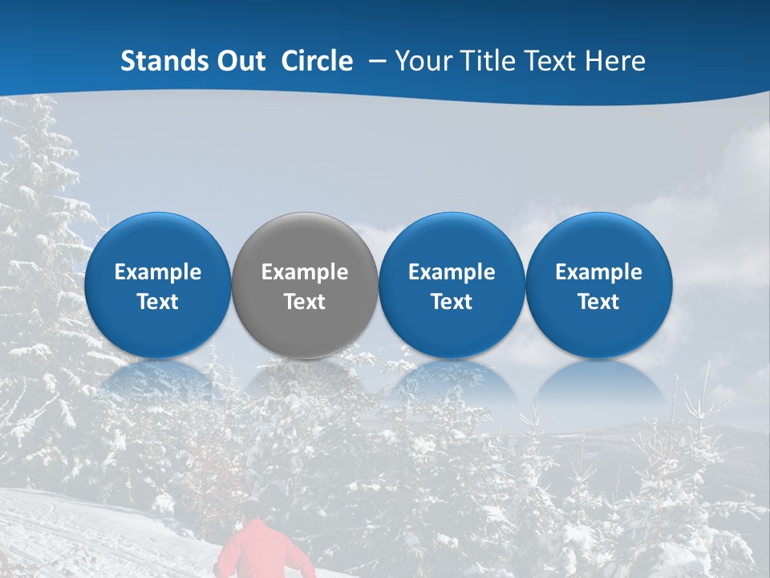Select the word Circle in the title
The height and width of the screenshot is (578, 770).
[317, 61]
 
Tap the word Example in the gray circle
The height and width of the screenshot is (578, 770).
[305, 272]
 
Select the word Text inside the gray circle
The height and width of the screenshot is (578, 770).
[305, 302]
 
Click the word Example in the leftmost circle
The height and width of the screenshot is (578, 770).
[158, 272]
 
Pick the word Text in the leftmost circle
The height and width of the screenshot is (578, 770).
[158, 302]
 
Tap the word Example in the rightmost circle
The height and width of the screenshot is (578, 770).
[598, 272]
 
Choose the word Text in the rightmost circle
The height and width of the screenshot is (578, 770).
[598, 302]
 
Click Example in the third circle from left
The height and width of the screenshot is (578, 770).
[452, 272]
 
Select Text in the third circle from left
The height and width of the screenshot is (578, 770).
[452, 302]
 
